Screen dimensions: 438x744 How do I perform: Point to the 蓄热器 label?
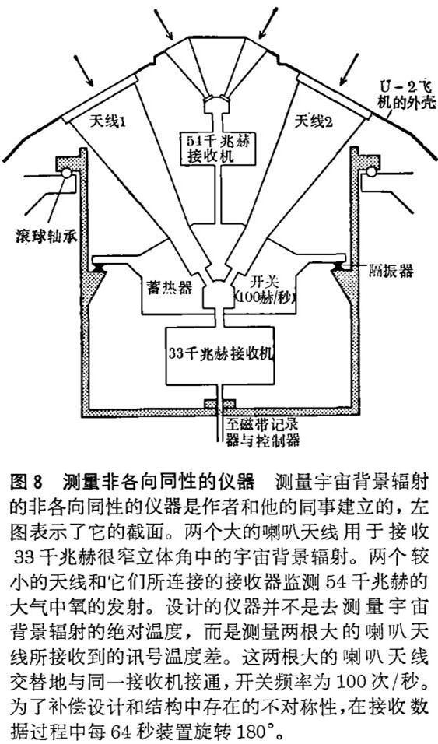[x=164, y=288]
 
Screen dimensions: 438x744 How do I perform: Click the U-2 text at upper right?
[x=392, y=87]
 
